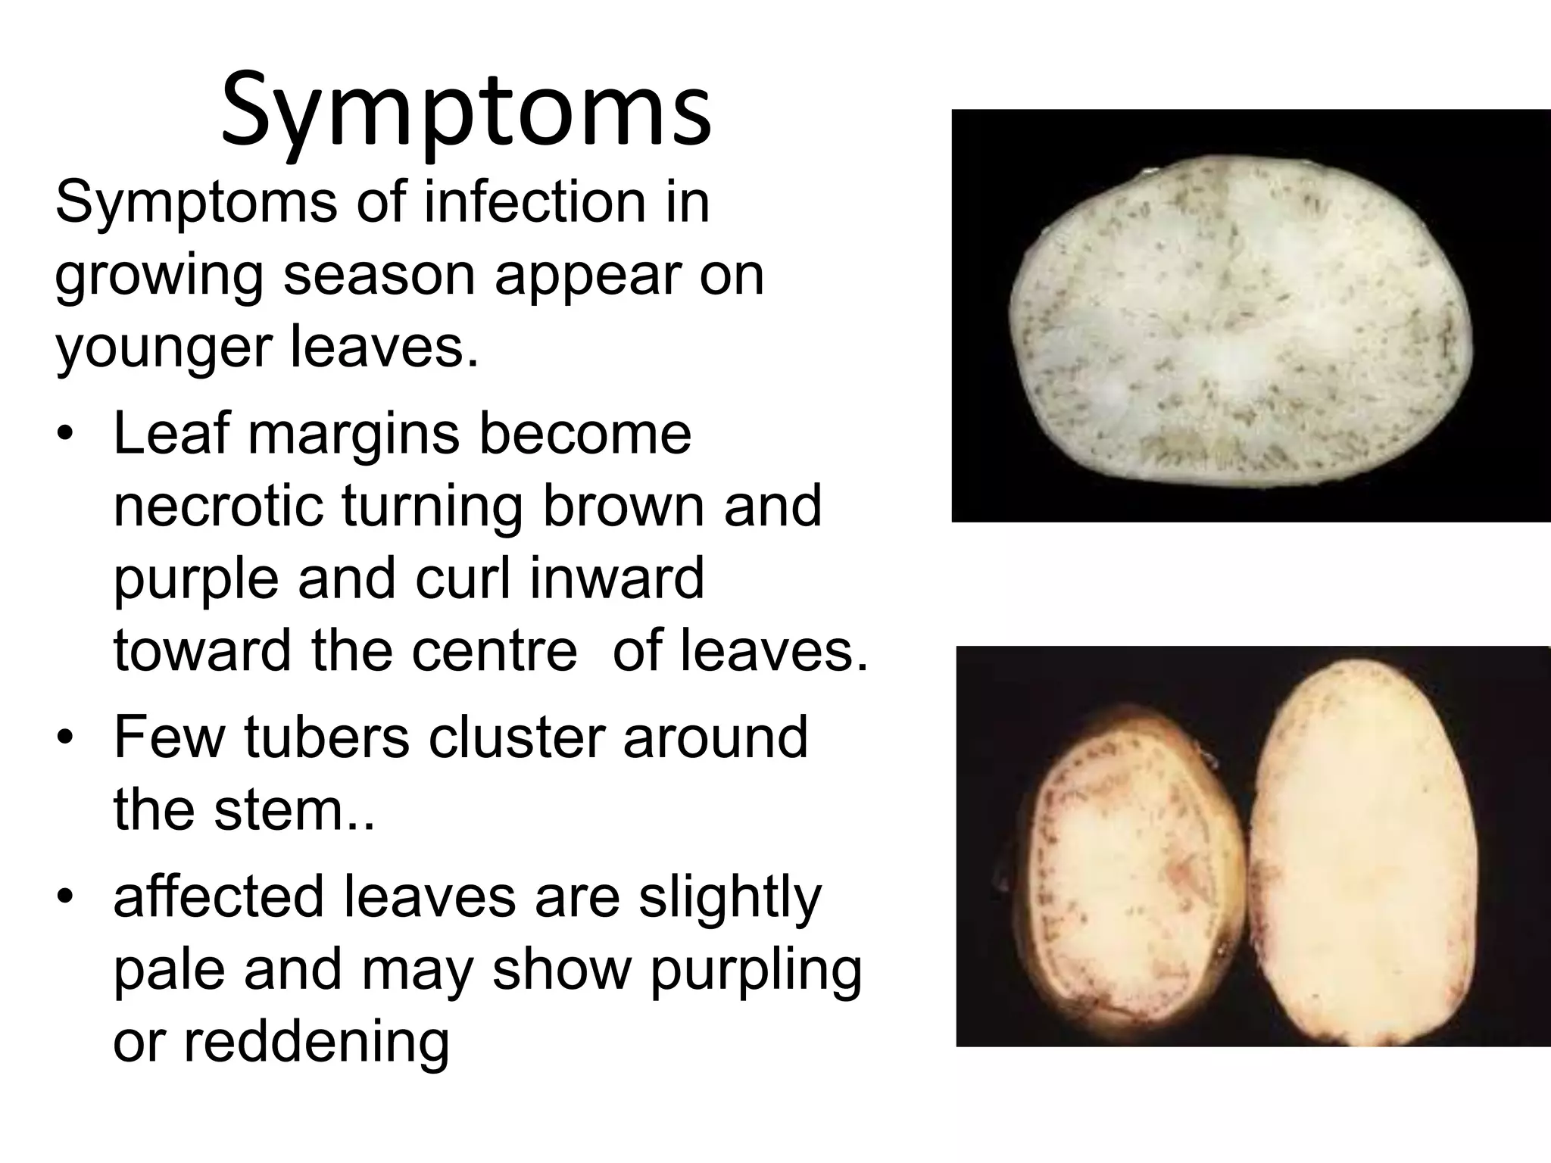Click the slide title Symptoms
(466, 110)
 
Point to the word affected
(218, 896)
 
